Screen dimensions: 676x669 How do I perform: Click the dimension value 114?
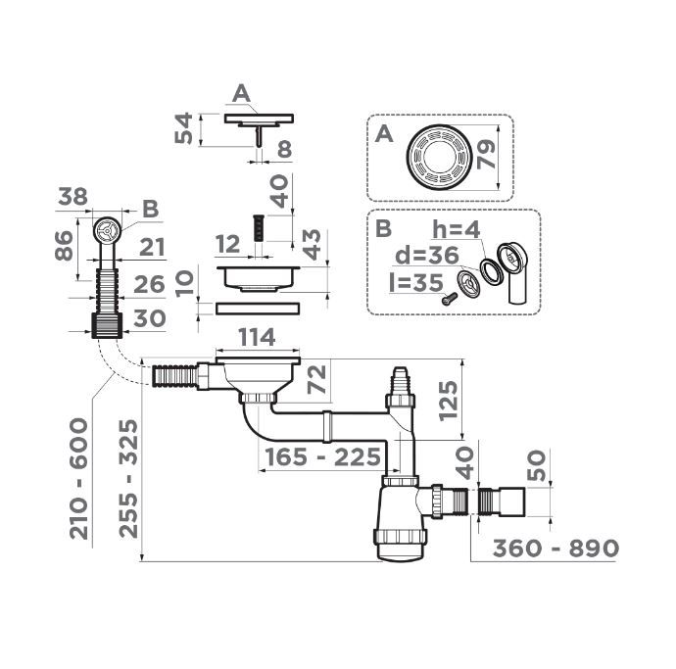point(257,338)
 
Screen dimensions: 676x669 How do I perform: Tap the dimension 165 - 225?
point(323,456)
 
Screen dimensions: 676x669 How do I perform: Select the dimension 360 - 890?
point(555,549)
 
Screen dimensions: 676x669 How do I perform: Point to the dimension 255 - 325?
point(128,478)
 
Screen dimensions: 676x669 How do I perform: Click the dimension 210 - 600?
point(79,478)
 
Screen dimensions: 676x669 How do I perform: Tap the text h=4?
point(457,230)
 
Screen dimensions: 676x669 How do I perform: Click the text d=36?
point(427,256)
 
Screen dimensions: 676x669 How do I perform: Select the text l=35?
point(416,283)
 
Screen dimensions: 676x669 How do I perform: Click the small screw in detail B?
point(450,298)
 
